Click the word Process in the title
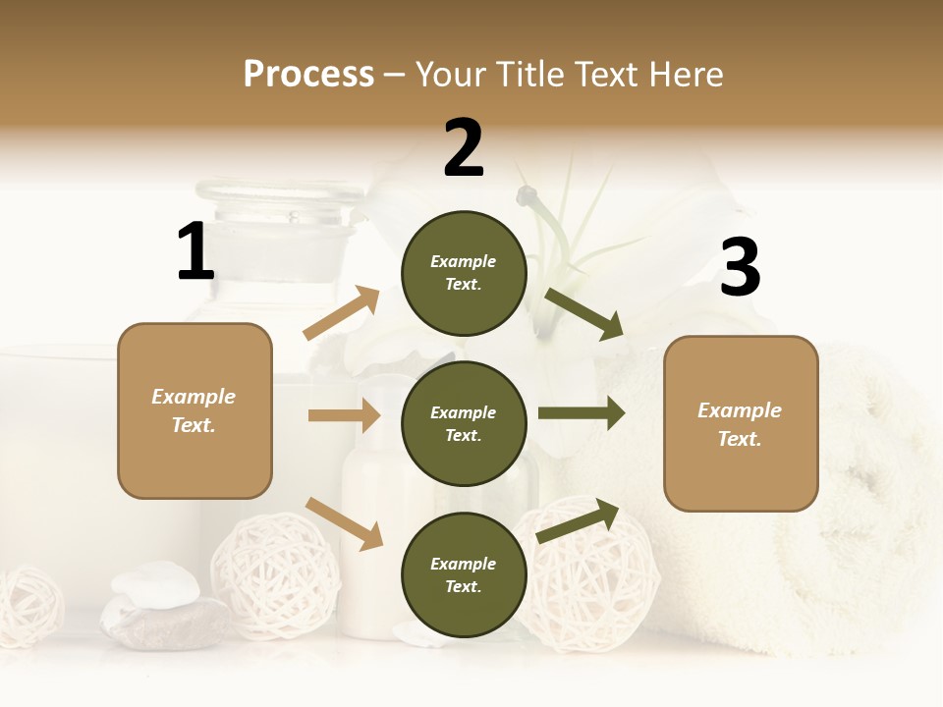click(308, 74)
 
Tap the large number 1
click(195, 251)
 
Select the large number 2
click(464, 147)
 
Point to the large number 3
click(740, 268)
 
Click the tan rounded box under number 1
click(194, 410)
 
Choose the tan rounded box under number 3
click(741, 423)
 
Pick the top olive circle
click(464, 272)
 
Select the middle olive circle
click(464, 423)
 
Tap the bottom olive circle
click(464, 574)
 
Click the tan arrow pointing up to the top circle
click(342, 313)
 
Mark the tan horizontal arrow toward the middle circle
click(344, 415)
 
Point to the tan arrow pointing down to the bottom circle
click(344, 522)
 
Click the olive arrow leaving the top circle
click(585, 314)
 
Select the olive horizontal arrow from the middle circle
click(582, 413)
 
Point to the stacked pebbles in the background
click(157, 604)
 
